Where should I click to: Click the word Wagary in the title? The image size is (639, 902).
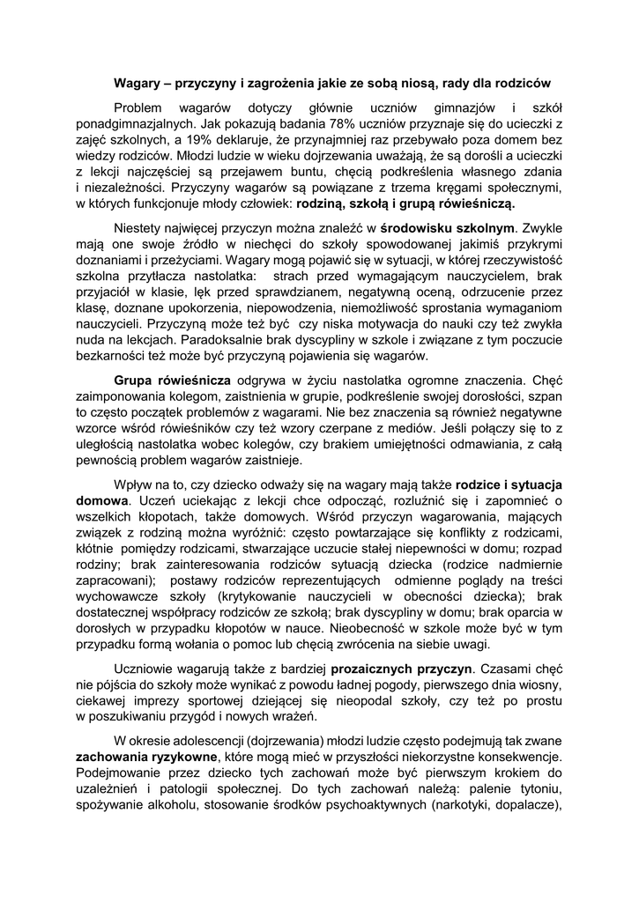pyautogui.click(x=136, y=84)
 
